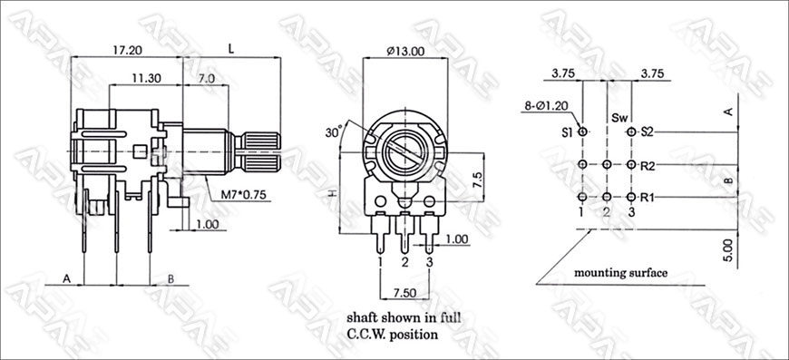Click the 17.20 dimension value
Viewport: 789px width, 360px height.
point(127,50)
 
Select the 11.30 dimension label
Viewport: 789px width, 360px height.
point(146,78)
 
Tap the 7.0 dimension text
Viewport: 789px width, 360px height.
point(206,78)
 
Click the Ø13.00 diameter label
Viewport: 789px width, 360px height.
point(405,51)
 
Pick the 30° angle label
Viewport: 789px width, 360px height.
point(334,132)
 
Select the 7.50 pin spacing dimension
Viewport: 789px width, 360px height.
point(404,293)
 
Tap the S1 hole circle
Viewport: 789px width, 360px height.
point(583,132)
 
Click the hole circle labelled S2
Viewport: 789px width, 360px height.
point(631,132)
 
